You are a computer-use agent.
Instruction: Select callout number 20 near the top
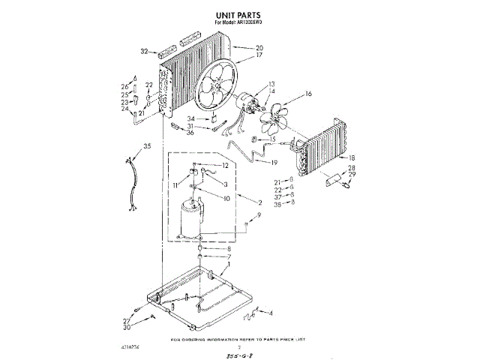(238, 47)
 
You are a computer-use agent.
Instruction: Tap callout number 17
(238, 55)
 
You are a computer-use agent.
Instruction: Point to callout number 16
(307, 94)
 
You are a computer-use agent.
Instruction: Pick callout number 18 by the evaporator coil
(351, 157)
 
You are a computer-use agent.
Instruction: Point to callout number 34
(191, 118)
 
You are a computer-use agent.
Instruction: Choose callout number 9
(259, 215)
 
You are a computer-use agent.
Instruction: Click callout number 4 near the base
(271, 313)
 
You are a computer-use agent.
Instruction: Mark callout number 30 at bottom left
(127, 328)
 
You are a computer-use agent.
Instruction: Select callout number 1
(229, 265)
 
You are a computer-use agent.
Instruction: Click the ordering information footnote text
(239, 339)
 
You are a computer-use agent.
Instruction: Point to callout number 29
(352, 174)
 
